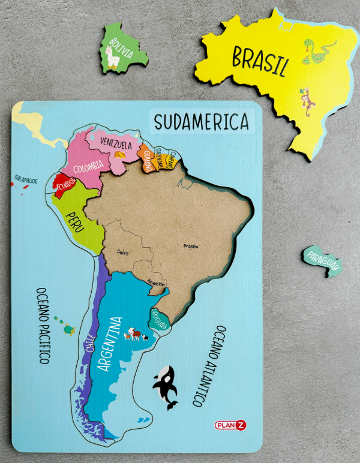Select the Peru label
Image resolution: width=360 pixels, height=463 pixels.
pyautogui.click(x=76, y=218)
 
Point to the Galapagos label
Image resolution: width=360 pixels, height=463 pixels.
pyautogui.click(x=26, y=179)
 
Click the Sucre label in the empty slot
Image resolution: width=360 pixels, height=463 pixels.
pyautogui.click(x=123, y=252)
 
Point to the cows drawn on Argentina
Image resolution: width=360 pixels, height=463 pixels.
pyautogui.click(x=136, y=335)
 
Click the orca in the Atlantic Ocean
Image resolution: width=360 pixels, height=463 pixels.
pyautogui.click(x=165, y=386)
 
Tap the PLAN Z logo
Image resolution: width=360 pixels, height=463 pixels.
pyautogui.click(x=230, y=425)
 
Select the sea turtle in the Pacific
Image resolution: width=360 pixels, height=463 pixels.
pyautogui.click(x=68, y=329)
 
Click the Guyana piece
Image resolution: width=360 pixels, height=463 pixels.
pyautogui.click(x=146, y=159)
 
